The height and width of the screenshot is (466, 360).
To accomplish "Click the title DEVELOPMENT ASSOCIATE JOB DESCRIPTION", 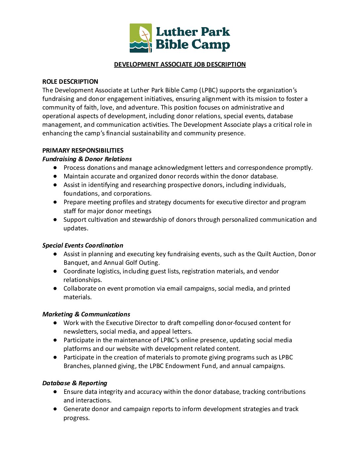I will coord(180,65).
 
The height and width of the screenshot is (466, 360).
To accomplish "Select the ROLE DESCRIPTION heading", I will coord(70,82).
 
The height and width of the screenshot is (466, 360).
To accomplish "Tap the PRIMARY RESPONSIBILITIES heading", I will coord(83,151).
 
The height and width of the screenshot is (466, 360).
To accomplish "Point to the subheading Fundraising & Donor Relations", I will coord(87,159).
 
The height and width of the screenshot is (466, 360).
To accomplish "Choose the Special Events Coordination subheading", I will coord(83,246).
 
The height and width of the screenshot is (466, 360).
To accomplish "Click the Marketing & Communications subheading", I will coord(86,314).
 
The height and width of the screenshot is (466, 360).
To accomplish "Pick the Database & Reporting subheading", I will coord(75,383).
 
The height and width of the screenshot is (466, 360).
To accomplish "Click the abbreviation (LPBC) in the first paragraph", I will coord(208,90).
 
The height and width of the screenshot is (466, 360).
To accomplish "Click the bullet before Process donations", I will coord(55,168).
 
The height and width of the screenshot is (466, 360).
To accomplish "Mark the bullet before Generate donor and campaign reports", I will coord(55,409).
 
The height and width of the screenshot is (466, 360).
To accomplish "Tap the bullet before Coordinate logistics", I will coord(55,271).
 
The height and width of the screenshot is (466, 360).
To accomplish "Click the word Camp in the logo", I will coord(211,45).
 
